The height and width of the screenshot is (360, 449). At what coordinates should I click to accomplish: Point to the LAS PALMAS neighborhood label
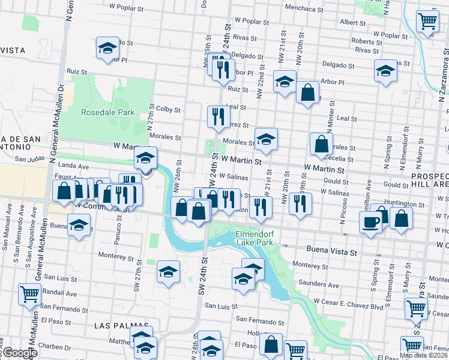(118, 325)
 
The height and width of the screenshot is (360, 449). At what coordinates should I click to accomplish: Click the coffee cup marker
(370, 223)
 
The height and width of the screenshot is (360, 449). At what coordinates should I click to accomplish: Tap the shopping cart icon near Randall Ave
(29, 294)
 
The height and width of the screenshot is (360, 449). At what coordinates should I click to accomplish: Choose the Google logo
(19, 353)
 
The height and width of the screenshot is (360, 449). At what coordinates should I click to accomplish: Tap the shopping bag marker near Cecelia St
(322, 144)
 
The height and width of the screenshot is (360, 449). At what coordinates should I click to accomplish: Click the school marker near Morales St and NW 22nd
(266, 140)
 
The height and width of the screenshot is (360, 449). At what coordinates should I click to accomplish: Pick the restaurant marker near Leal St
(218, 115)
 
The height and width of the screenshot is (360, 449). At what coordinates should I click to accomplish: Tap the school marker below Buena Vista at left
(78, 226)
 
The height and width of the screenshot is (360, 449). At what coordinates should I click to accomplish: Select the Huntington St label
(405, 205)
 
